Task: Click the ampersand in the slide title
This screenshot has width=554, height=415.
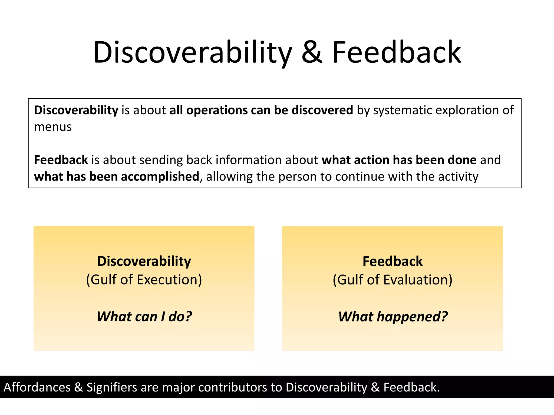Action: coord(312,53)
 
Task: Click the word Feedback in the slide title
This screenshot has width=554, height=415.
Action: coord(396,53)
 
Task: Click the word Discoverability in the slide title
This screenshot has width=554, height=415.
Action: coord(193,53)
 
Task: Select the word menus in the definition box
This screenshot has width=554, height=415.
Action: coord(53,127)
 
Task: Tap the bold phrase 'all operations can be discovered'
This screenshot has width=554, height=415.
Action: coord(261,110)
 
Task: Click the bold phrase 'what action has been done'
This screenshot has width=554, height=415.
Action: coord(399,160)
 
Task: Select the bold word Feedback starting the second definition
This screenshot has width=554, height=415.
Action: coord(61,160)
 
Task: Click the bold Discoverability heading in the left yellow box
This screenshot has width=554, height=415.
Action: coord(144,261)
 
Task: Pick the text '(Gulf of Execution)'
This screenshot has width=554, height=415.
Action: coord(144,280)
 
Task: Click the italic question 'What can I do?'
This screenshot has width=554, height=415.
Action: coord(144,316)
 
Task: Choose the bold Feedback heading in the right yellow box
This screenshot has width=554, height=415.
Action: coord(393,261)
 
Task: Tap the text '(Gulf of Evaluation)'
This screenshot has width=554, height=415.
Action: coord(393,280)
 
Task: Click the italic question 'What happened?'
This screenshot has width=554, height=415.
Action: coord(393,316)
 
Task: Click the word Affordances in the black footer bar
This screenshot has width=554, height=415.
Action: coord(37,387)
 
